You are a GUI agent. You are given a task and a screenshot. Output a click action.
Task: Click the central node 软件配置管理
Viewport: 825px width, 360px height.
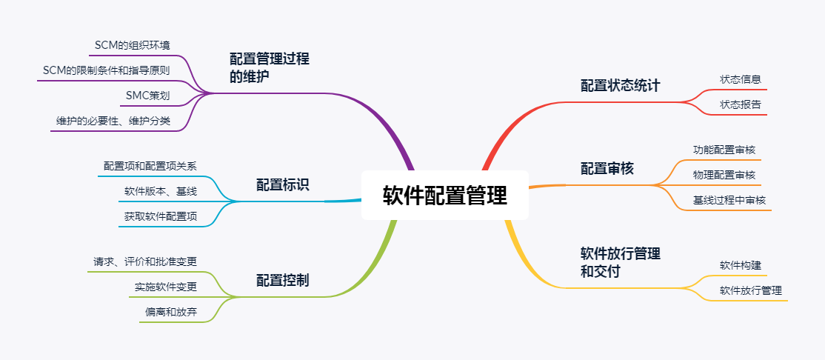444,196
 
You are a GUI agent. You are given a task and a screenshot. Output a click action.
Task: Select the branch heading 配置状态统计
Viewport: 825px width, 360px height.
619,85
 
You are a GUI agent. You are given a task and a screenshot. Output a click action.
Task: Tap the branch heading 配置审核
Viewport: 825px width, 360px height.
607,169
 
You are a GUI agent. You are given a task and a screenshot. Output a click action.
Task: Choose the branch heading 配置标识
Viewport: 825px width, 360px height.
282,184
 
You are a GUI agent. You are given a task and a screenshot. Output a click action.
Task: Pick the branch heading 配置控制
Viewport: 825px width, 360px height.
282,280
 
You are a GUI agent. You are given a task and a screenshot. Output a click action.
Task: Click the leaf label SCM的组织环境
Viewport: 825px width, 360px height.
133,46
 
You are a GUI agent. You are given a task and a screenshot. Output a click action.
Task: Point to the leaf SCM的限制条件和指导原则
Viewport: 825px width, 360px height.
106,70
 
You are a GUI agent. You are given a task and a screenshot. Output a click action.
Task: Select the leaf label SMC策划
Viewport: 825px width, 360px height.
147,96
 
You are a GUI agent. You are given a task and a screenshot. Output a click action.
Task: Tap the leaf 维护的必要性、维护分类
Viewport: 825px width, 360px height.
113,121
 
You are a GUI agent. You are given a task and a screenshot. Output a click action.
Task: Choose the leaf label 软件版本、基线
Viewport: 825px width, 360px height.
160,191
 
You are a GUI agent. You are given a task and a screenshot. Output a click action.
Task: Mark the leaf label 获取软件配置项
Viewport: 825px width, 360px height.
160,216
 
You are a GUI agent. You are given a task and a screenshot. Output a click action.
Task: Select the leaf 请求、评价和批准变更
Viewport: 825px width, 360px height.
144,261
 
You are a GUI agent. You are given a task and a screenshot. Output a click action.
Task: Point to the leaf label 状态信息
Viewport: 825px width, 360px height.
740,79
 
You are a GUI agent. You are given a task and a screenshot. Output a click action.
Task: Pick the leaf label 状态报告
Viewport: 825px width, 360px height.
740,104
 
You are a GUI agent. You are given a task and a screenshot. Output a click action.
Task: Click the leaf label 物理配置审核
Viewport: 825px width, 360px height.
724,175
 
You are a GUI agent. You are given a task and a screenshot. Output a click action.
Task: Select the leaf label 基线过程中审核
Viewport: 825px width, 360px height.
729,200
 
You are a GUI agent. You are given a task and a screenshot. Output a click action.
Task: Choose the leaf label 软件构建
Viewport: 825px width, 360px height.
740,265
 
